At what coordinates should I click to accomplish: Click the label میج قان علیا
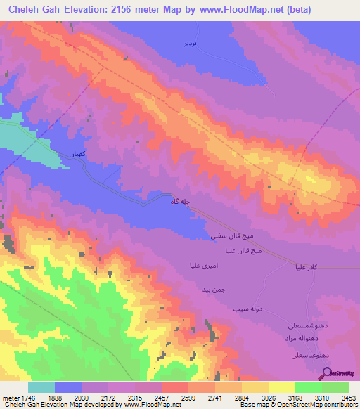[x=243, y=250]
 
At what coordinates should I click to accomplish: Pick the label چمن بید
[x=213, y=290]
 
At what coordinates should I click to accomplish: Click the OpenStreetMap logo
[x=340, y=373]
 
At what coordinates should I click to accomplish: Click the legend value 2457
[x=145, y=396]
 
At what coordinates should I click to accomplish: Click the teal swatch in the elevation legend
[x=41, y=387]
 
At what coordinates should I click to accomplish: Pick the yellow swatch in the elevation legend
[x=281, y=387]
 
